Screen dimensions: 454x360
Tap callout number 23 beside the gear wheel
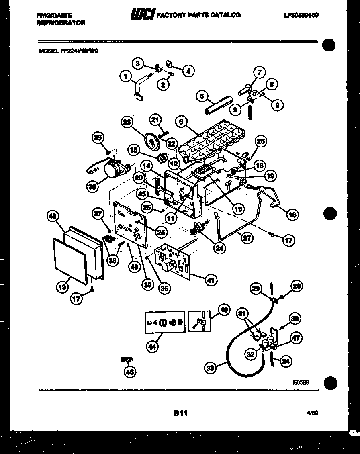[127, 123]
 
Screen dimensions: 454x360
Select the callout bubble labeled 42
[53, 217]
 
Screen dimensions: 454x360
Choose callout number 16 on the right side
[292, 215]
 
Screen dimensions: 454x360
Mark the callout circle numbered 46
[129, 372]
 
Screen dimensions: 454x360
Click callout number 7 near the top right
[259, 73]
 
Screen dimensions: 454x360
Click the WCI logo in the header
[142, 15]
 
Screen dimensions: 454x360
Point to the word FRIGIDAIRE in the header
[54, 15]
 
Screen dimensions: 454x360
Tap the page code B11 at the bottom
[180, 413]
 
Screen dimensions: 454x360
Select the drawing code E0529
[301, 383]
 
